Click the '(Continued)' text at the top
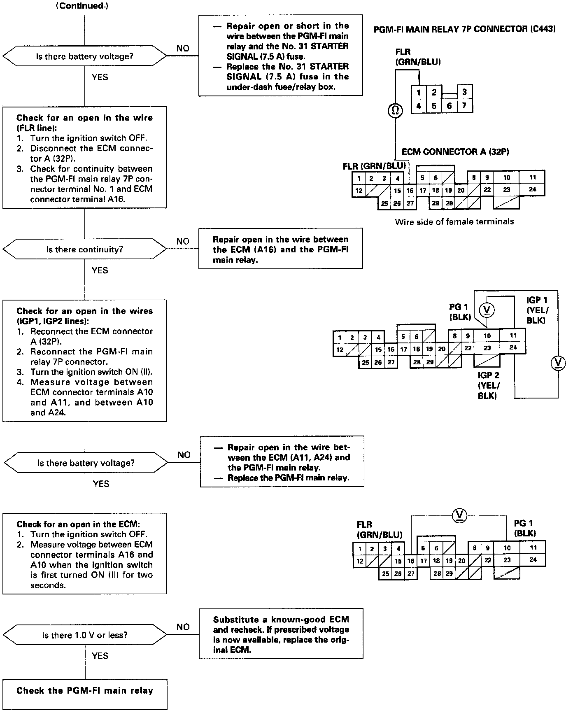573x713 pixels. click(82, 6)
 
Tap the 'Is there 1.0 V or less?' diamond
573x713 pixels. click(85, 635)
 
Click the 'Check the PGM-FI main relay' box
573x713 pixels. click(85, 690)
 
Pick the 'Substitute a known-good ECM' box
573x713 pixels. click(281, 634)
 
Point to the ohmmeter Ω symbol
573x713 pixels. click(395, 110)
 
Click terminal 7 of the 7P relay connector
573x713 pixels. click(464, 106)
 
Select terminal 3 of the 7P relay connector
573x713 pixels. click(465, 92)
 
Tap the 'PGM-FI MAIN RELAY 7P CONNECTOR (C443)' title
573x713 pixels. click(464, 29)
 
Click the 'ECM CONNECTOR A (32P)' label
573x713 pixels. click(455, 152)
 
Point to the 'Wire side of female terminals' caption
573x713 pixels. click(454, 221)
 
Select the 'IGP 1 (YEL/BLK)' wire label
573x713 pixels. click(537, 310)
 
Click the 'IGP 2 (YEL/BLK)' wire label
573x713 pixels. click(489, 385)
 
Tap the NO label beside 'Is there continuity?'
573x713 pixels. click(183, 241)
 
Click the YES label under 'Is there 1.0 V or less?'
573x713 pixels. click(100, 655)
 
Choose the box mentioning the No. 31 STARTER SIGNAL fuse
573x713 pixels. click(281, 56)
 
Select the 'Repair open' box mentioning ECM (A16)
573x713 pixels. click(281, 249)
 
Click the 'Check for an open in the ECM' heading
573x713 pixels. click(78, 524)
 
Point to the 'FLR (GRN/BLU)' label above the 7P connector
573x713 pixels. click(417, 57)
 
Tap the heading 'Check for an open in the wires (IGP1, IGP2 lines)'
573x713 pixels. click(84, 316)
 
